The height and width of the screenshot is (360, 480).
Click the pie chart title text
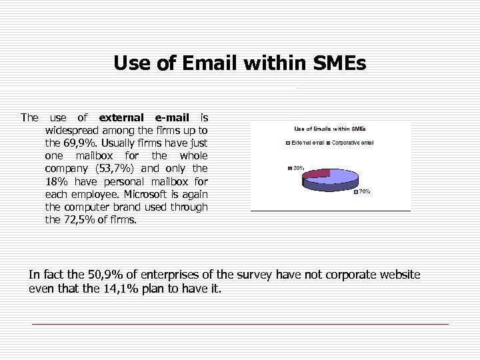(x=329, y=128)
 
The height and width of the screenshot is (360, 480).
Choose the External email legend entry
(x=307, y=143)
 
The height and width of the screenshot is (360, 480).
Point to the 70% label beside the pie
(x=365, y=192)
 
